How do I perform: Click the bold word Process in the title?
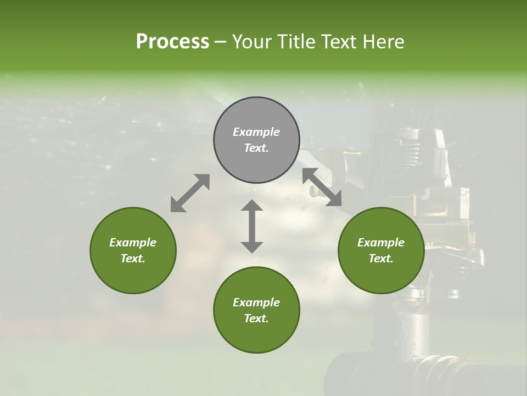(x=172, y=42)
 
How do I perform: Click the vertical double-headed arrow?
(x=252, y=226)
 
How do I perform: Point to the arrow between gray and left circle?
(x=190, y=193)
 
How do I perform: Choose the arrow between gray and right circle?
(x=322, y=187)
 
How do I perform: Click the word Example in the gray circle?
(x=256, y=132)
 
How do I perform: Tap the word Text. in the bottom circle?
(x=256, y=318)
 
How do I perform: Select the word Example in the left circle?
(x=133, y=243)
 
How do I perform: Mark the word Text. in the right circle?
(x=381, y=258)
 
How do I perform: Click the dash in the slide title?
(x=221, y=42)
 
